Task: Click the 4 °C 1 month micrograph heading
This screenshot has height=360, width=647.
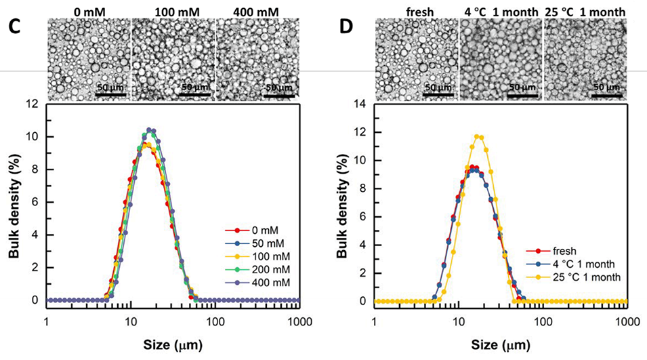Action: click(500, 12)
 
